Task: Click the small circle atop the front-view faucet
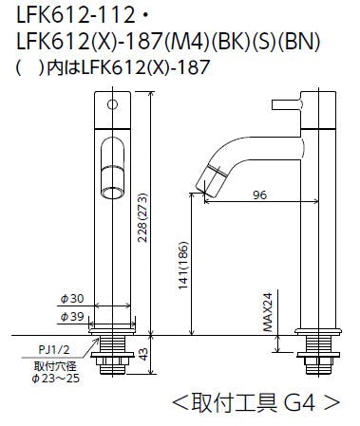pos(112,102)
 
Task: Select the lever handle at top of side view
pos(286,102)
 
